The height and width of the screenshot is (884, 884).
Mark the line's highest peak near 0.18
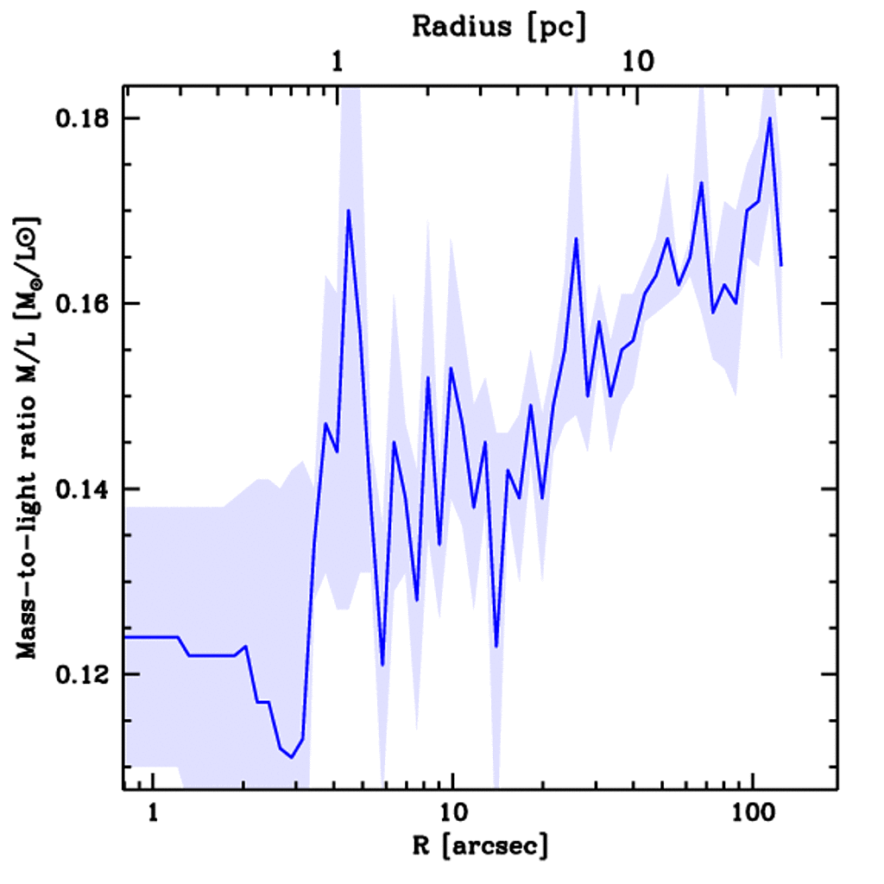coord(768,118)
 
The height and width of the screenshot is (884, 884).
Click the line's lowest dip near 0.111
coord(292,757)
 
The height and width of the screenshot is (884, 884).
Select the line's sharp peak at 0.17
coord(348,211)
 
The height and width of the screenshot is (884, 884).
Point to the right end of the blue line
coord(780,265)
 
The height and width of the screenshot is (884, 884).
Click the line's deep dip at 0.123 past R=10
coord(496,646)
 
